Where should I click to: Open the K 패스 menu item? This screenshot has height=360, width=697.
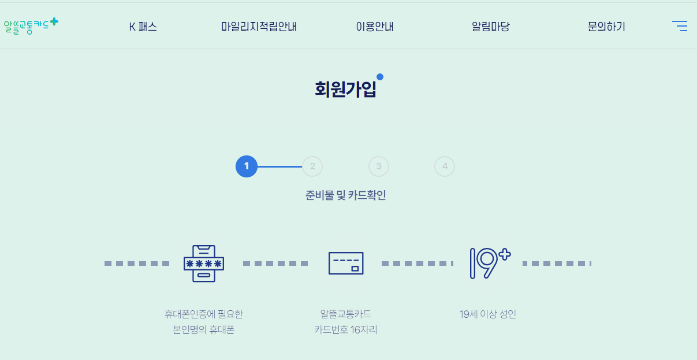tap(143, 27)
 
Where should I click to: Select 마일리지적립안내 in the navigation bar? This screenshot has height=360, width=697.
tap(259, 27)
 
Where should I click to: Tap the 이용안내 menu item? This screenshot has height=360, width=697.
tap(375, 27)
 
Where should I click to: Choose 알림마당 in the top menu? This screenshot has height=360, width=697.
tap(491, 27)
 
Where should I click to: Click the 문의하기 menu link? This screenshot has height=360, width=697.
tap(606, 27)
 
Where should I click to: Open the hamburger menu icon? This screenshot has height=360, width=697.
tap(680, 26)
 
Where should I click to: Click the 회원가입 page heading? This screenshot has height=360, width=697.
tap(345, 89)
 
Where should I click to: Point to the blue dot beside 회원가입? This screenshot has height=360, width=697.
tap(380, 77)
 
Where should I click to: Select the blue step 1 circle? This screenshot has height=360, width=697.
tap(246, 166)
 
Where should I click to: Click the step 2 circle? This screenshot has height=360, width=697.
tap(312, 166)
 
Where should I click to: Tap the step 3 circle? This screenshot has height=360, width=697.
tap(379, 166)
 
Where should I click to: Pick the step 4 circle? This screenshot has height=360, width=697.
tap(445, 166)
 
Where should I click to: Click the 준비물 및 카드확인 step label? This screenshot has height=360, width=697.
tap(345, 195)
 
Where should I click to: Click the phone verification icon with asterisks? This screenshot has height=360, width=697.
tap(204, 263)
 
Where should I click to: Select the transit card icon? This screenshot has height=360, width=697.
tap(346, 263)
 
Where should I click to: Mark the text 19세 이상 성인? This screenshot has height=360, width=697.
tap(488, 314)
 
